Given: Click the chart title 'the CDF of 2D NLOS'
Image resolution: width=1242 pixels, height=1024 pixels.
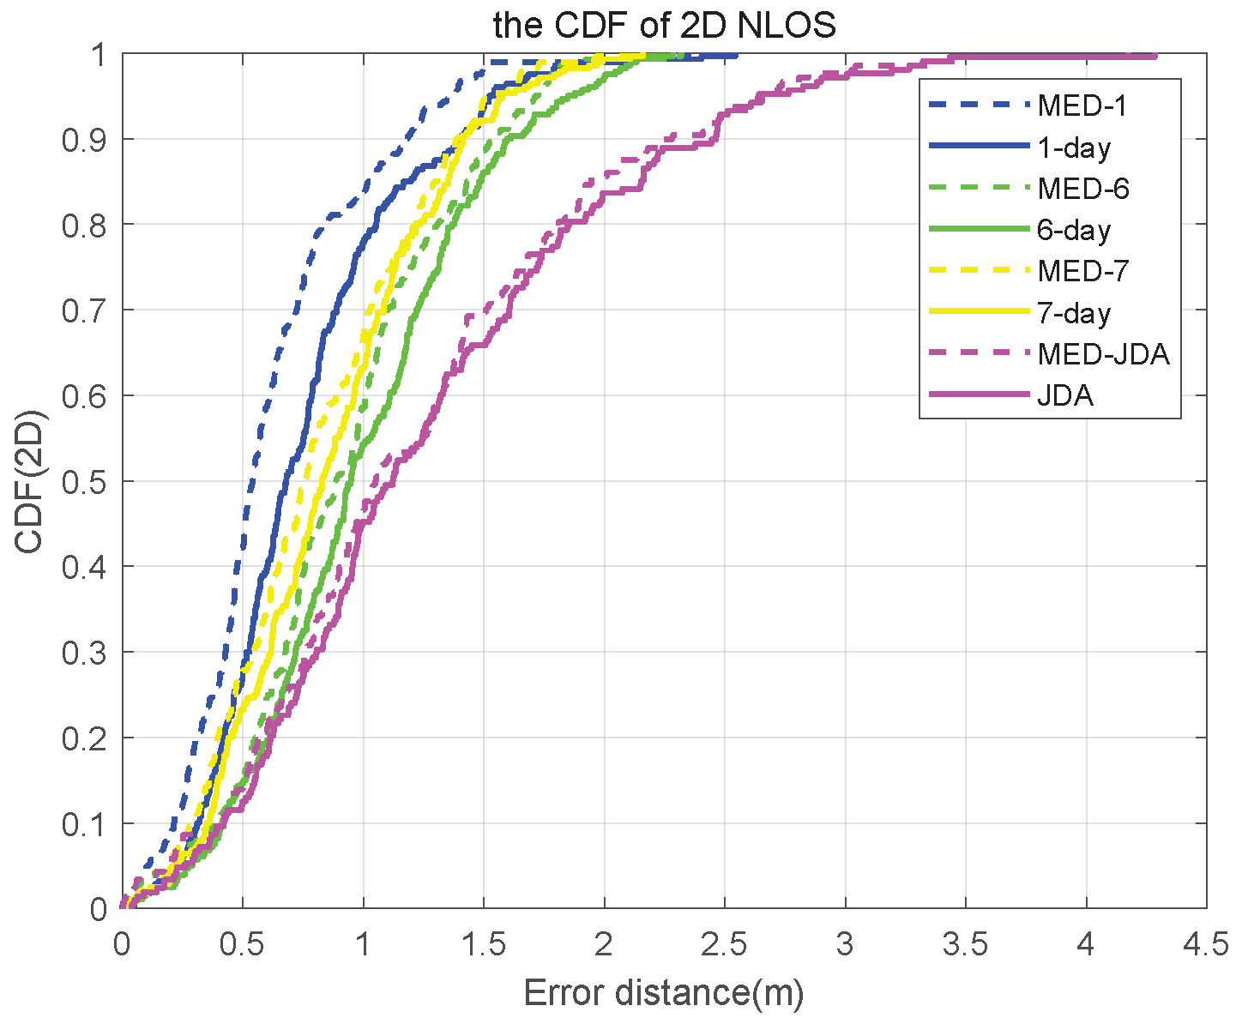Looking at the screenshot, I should (664, 26).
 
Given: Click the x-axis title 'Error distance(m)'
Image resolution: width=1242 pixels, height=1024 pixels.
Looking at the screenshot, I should (664, 993).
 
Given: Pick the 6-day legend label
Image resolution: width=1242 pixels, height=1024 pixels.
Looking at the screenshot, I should (1074, 230).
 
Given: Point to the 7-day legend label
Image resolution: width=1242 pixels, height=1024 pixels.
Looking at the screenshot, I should (1074, 313).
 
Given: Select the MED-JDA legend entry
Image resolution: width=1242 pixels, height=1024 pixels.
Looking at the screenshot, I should (1103, 353).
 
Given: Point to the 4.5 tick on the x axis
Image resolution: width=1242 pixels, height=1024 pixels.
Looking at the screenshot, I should (1206, 944).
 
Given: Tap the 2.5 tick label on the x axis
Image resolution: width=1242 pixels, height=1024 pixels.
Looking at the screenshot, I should (724, 944).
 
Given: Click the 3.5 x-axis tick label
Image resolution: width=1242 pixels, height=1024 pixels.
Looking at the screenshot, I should (965, 944).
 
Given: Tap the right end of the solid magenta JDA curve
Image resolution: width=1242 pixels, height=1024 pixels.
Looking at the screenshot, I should (1155, 56).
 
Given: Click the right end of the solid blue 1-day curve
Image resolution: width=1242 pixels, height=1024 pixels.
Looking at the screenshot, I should (736, 56).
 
